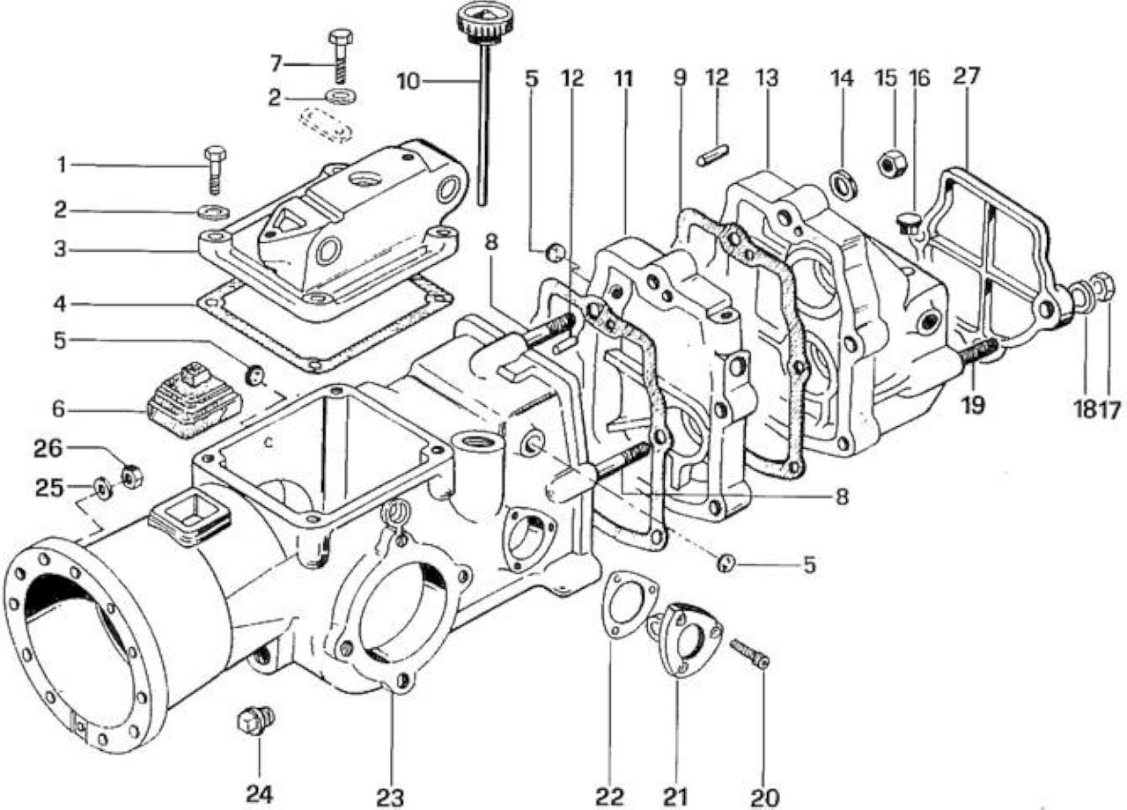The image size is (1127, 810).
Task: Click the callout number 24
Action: [260, 794]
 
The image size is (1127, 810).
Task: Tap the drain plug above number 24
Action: [256, 721]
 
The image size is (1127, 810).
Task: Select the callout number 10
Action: [409, 82]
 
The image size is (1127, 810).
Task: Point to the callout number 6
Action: [59, 409]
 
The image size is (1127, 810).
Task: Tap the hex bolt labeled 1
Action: [215, 171]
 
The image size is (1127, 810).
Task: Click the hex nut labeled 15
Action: [892, 165]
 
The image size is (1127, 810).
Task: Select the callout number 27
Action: [967, 76]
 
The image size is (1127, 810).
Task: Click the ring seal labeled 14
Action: [844, 184]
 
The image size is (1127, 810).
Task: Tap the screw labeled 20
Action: [749, 653]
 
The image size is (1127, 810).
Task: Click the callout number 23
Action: [390, 798]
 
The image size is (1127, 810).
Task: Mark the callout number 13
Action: [766, 78]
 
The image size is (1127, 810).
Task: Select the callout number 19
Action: [973, 405]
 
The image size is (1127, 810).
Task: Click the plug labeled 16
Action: [908, 223]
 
